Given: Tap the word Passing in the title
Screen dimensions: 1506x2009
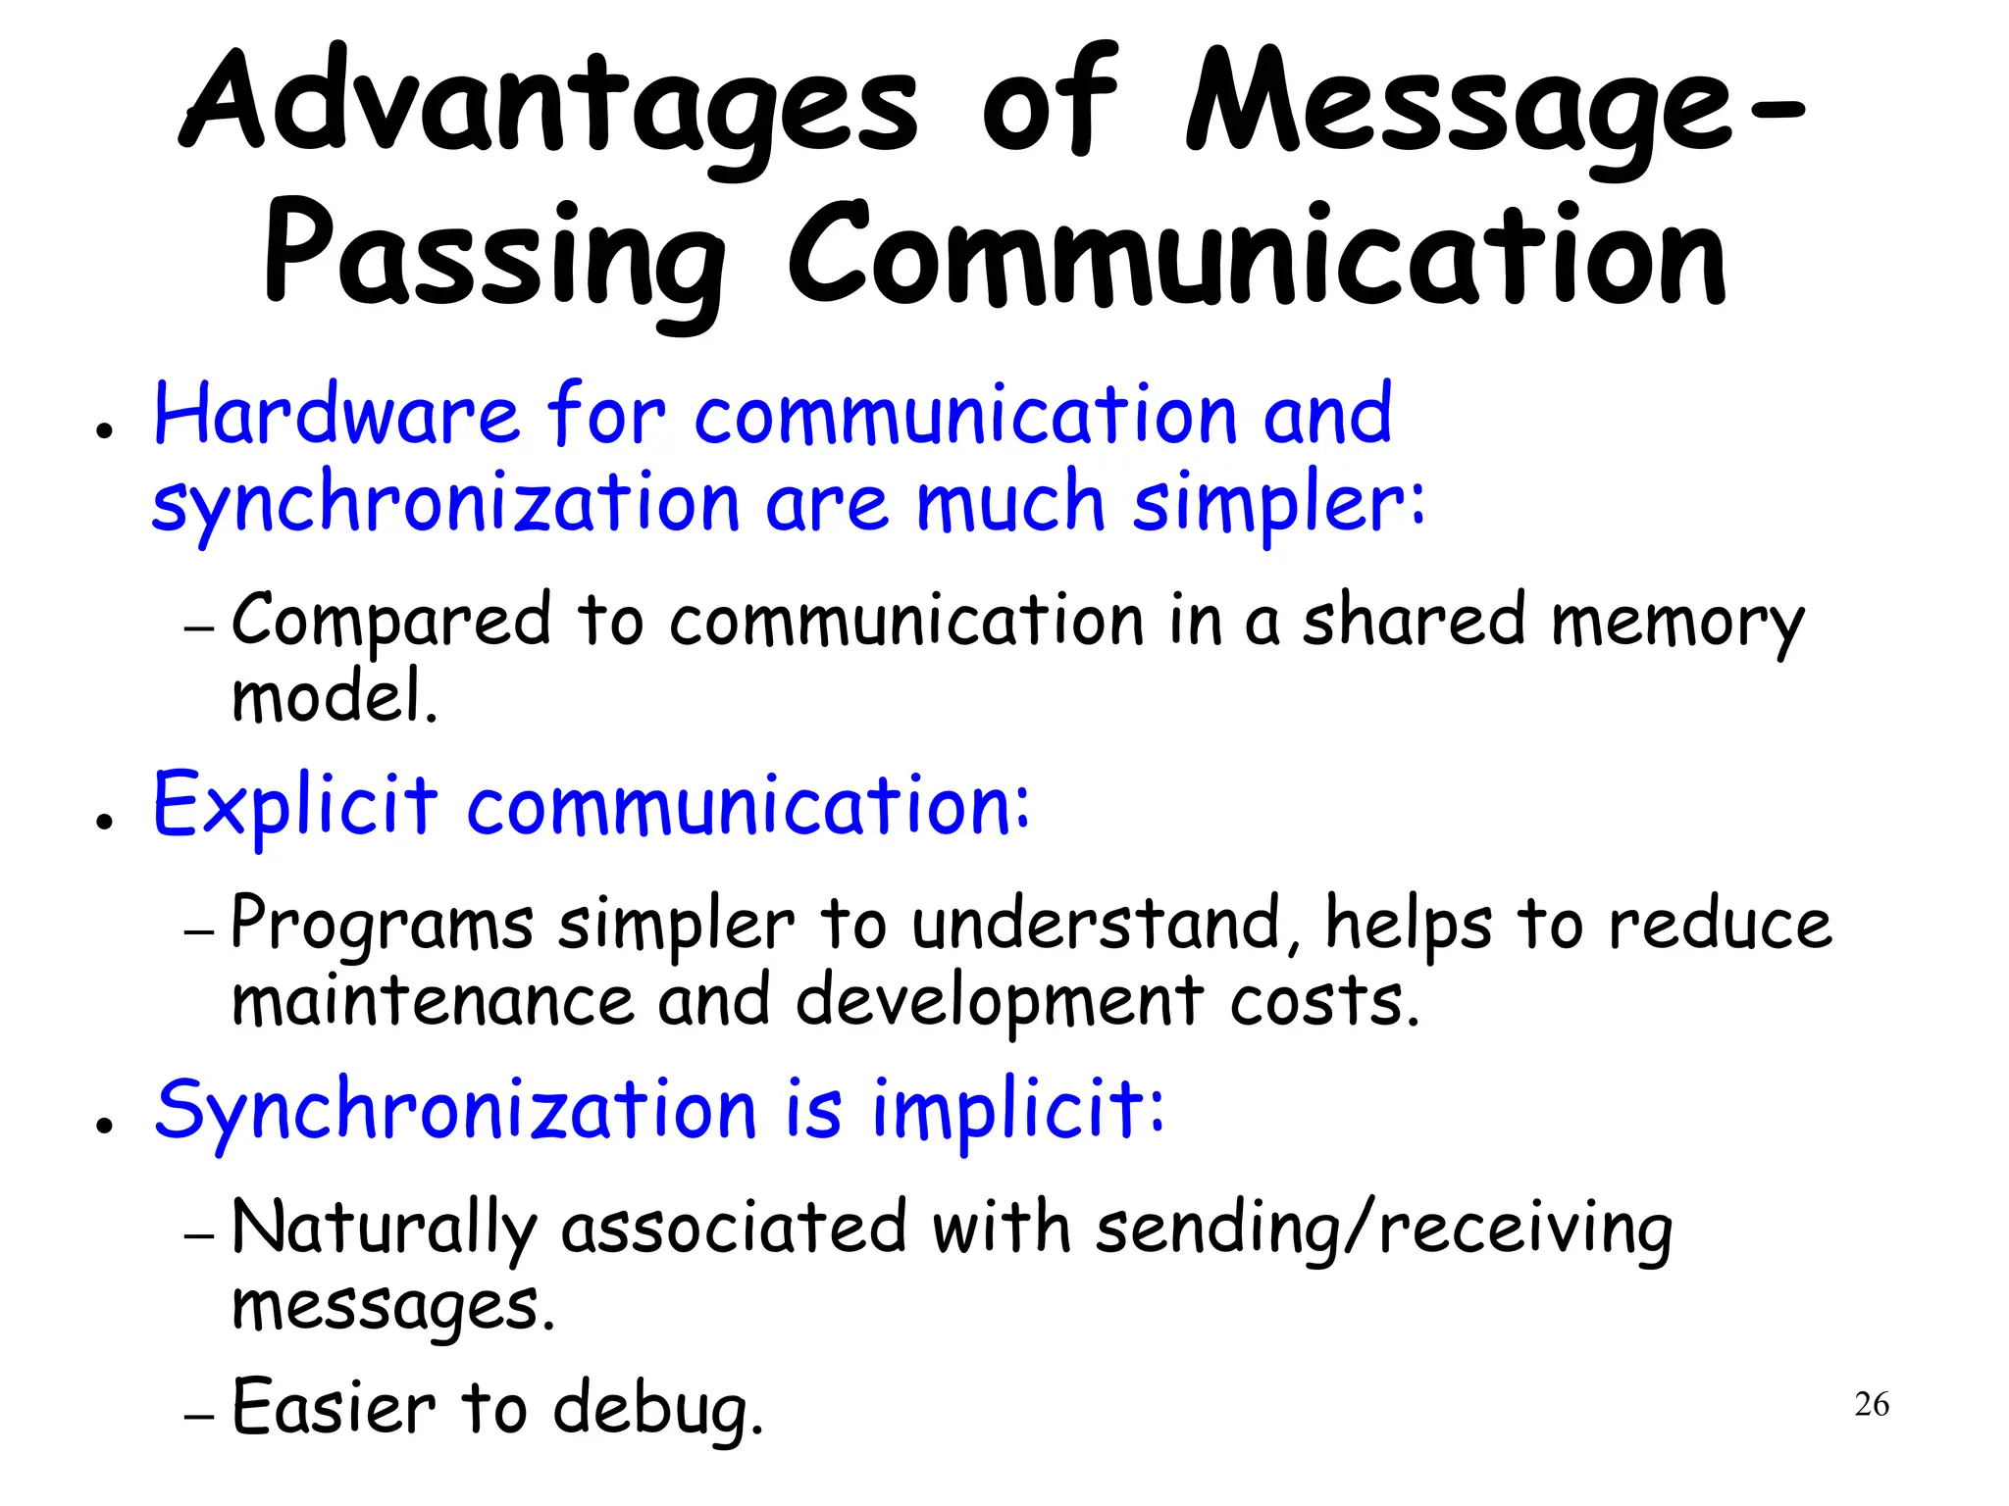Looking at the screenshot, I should (495, 257).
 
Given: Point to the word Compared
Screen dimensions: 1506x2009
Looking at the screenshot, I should (391, 622).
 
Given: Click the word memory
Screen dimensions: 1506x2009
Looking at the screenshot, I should (1677, 624).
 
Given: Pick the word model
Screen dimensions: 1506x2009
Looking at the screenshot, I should (334, 697).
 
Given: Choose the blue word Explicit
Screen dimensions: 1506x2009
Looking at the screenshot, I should (294, 806).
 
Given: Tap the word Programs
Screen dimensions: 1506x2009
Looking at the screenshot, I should (383, 926).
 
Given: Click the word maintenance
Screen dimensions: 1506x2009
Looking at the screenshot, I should (433, 1001).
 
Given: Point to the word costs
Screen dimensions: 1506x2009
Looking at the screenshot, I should (1324, 1001).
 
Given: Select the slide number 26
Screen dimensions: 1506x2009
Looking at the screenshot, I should (1872, 1404).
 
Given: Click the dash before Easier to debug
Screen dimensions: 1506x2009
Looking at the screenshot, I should (199, 1417).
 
